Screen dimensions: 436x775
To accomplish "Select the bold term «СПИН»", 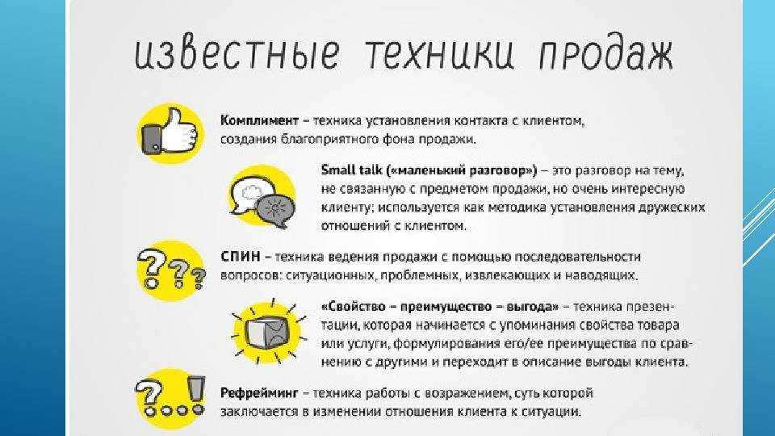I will pyautogui.click(x=240, y=257).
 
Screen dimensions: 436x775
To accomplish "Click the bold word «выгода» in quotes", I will pyautogui.click(x=532, y=308).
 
